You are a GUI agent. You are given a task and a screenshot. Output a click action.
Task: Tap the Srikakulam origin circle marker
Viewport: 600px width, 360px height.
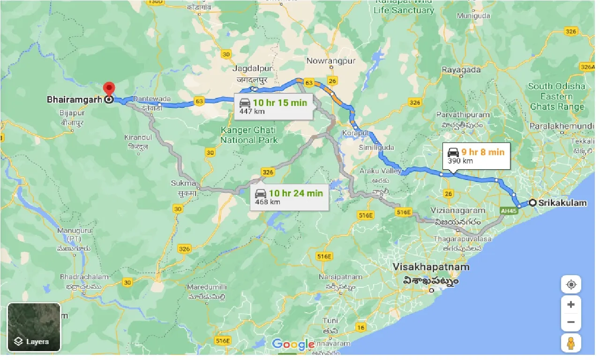pyautogui.click(x=533, y=203)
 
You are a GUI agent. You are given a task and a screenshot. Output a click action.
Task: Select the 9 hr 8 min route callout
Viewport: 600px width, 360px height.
pyautogui.click(x=476, y=156)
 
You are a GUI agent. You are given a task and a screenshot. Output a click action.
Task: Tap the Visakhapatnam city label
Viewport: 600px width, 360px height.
pyautogui.click(x=431, y=267)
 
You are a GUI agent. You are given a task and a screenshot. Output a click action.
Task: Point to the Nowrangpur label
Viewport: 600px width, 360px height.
pyautogui.click(x=331, y=61)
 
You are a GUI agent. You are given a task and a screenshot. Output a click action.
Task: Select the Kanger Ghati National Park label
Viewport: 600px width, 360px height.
pyautogui.click(x=248, y=135)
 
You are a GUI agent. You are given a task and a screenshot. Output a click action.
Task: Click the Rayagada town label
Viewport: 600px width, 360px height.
pyautogui.click(x=461, y=70)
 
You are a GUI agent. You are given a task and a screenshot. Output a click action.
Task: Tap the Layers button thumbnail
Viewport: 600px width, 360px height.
pyautogui.click(x=34, y=327)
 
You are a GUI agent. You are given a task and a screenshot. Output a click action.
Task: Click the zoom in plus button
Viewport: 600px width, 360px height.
pyautogui.click(x=570, y=305)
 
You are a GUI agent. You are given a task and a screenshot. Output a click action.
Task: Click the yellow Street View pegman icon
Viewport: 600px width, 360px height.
pyautogui.click(x=570, y=343)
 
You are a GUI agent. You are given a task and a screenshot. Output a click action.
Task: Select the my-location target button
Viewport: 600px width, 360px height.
pyautogui.click(x=570, y=285)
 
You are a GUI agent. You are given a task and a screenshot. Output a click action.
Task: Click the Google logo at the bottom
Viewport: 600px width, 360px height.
pyautogui.click(x=293, y=345)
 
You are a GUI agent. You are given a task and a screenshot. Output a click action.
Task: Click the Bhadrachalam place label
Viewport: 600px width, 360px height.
pyautogui.click(x=84, y=277)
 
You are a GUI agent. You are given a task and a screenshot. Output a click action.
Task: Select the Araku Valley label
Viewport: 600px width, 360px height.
pyautogui.click(x=380, y=172)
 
